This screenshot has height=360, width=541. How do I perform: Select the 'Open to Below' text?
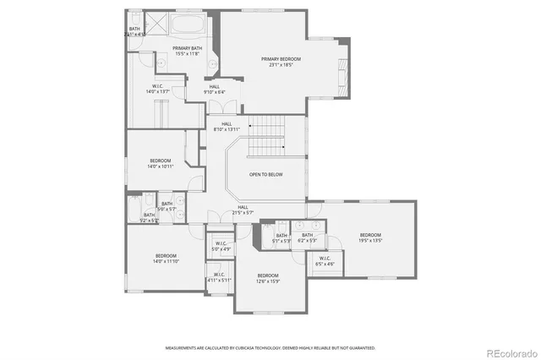click(x=265, y=174)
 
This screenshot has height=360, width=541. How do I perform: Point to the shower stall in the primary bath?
click(x=156, y=24)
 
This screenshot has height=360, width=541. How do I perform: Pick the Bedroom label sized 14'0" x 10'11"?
click(x=161, y=163)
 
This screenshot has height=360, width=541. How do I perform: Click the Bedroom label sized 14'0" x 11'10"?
click(x=166, y=259)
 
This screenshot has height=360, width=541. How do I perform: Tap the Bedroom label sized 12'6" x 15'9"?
click(x=268, y=278)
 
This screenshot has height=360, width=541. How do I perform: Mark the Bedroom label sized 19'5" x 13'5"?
click(x=370, y=237)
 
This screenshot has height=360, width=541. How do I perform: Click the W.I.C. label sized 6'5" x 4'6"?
click(x=325, y=261)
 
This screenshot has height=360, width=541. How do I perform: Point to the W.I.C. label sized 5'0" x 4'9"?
click(x=220, y=247)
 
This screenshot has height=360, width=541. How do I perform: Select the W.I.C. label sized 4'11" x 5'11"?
click(x=218, y=277)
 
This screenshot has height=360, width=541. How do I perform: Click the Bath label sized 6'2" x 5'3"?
click(x=307, y=238)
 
